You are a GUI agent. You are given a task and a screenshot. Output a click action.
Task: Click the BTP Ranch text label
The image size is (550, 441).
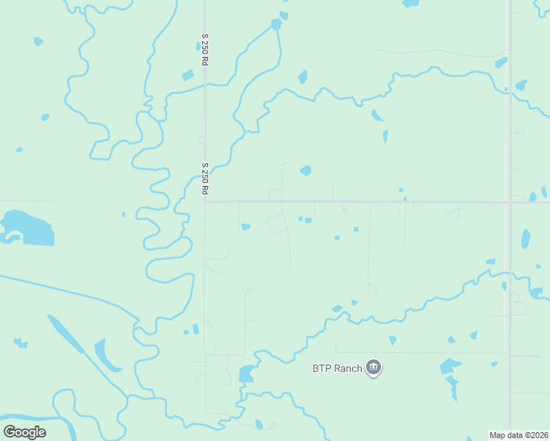tap(337, 368)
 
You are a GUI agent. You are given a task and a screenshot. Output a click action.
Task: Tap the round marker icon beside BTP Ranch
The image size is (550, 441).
tap(374, 367)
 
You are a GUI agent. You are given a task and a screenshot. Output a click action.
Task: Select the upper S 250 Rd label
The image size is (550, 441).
tap(206, 49)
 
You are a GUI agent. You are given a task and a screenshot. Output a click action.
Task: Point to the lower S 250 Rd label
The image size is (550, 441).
tap(206, 179)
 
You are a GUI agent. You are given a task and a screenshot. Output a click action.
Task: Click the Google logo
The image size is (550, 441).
tap(24, 432)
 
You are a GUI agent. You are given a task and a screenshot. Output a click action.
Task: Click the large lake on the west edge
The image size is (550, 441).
tap(29, 227)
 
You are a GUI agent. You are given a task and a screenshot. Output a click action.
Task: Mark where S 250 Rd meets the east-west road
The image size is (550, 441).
tap(205, 201)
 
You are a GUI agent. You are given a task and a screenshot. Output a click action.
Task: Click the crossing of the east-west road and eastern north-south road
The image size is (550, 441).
tap(508, 201)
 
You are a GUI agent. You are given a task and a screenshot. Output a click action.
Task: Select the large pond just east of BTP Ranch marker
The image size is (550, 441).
tap(449, 366)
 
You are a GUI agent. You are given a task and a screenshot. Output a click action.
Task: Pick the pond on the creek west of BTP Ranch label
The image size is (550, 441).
tap(246, 373)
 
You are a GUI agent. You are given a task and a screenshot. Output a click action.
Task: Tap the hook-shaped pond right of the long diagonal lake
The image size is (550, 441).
tap(104, 356)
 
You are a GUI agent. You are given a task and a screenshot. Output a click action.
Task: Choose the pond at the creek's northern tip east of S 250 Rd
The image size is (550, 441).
tap(276, 24)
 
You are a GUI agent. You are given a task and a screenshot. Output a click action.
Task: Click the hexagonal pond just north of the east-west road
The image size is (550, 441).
tap(305, 171)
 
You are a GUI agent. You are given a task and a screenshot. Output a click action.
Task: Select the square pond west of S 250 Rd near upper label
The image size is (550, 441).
tap(187, 75)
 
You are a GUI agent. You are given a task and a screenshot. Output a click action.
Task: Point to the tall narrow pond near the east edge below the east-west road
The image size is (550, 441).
tap(525, 239)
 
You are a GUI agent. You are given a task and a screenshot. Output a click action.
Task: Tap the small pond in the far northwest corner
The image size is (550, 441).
tap(38, 42)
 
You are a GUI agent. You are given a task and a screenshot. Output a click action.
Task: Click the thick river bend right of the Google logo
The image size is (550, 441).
tap(63, 425)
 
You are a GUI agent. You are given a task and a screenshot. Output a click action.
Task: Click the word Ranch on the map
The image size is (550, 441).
tap(349, 368)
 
